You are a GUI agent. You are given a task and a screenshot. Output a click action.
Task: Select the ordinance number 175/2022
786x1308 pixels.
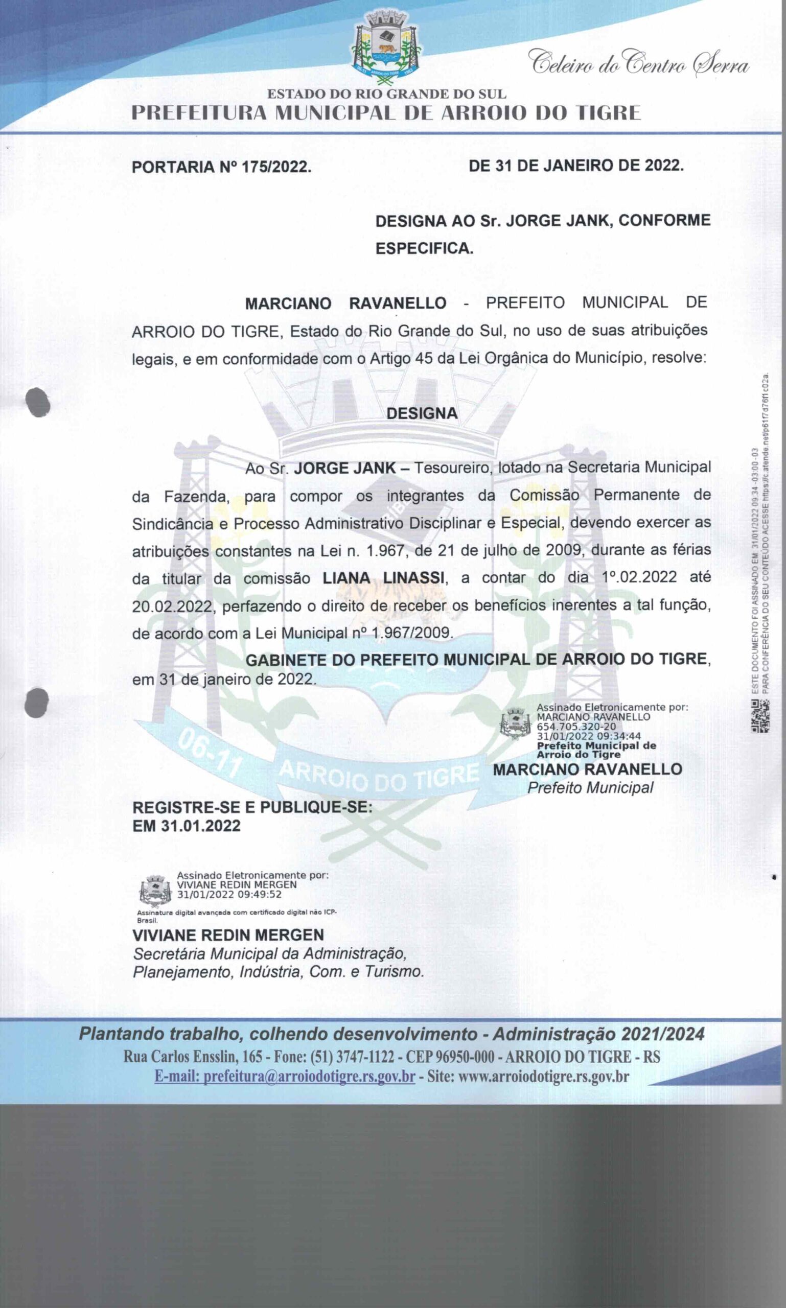pos(276,168)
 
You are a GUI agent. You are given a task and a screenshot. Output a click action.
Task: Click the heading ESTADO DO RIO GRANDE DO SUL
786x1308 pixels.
pos(387,94)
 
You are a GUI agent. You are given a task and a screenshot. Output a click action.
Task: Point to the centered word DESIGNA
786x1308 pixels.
pos(422,413)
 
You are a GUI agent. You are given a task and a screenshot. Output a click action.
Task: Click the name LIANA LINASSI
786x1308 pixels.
pos(383,578)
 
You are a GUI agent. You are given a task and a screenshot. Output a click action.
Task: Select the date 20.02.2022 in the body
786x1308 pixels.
pos(172,606)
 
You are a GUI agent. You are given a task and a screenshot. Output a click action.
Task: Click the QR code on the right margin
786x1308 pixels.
pos(760,716)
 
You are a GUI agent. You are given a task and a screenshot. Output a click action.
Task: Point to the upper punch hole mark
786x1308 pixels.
pos(38,402)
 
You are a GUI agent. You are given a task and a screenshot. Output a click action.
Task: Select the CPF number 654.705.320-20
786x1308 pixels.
pos(576,727)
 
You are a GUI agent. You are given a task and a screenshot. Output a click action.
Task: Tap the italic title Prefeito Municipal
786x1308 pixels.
pos(590,788)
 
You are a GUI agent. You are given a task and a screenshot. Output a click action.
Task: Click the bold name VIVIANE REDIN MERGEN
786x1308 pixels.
pos(228,935)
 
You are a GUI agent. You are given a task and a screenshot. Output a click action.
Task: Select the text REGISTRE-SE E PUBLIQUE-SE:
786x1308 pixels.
pos(252,808)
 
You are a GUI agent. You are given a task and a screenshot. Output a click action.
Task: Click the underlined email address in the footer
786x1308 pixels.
pos(285,1076)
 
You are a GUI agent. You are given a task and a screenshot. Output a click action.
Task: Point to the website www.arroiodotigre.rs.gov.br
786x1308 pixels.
pos(543,1076)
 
